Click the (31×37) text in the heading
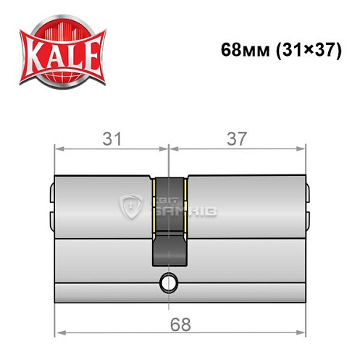(x=305, y=52)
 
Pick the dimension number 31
(x=110, y=138)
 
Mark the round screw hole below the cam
(x=169, y=281)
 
